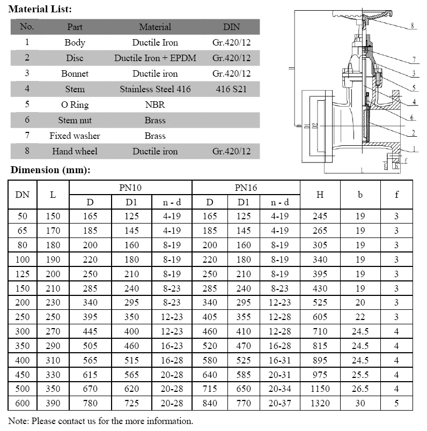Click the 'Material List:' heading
coord(40,9)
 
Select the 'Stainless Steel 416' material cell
coord(155,89)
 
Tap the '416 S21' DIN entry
coord(231,89)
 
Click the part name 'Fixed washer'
coord(75,136)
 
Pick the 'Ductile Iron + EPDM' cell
coord(155,58)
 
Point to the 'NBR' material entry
coord(155,105)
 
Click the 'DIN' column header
coord(231,27)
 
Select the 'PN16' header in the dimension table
coord(246,187)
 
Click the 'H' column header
coord(320,195)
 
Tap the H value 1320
coord(320,403)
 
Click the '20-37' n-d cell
coord(280,403)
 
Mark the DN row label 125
coord(22,274)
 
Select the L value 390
coord(53,403)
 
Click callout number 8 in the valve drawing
coord(412,26)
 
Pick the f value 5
coord(396,403)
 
